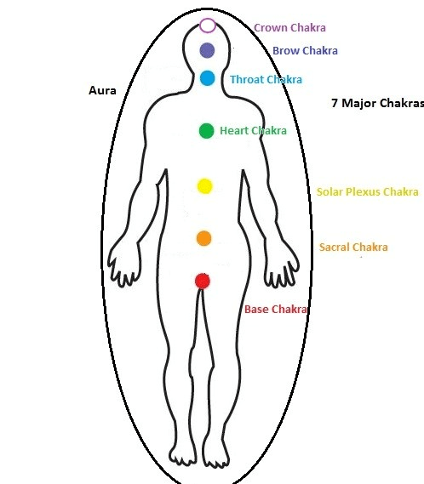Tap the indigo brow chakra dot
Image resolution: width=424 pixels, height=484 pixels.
[x=207, y=50]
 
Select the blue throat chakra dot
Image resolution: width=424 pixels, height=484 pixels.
[x=208, y=78]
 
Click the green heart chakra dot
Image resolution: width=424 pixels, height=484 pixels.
[x=206, y=131]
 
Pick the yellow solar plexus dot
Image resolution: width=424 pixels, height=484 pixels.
[x=204, y=186]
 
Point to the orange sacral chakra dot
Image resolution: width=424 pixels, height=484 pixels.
[x=204, y=238]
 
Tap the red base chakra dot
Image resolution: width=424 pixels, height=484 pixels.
[x=203, y=281]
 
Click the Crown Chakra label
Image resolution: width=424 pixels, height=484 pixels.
[x=289, y=28]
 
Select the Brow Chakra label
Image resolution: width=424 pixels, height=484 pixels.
[x=305, y=51]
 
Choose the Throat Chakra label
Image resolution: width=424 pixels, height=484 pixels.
[x=266, y=80]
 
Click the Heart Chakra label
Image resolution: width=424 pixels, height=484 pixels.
[x=253, y=130]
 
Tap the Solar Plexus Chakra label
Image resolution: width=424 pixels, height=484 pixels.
[x=368, y=191]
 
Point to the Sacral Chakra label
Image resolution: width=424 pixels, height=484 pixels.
[x=353, y=248]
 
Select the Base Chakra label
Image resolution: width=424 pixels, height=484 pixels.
[x=276, y=310]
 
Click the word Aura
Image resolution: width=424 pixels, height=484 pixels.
[x=102, y=91]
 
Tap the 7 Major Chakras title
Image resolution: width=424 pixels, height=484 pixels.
[x=377, y=103]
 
